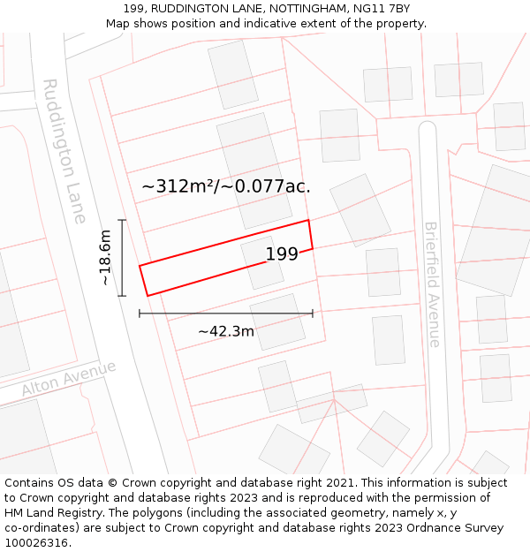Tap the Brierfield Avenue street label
[432, 284]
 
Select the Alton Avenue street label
[69, 379]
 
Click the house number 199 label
[282, 254]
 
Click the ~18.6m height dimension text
[105, 257]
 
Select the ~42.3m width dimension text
[225, 331]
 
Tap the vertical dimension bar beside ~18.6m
[122, 257]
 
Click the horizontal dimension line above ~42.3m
[225, 313]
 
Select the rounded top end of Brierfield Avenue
[428, 129]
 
